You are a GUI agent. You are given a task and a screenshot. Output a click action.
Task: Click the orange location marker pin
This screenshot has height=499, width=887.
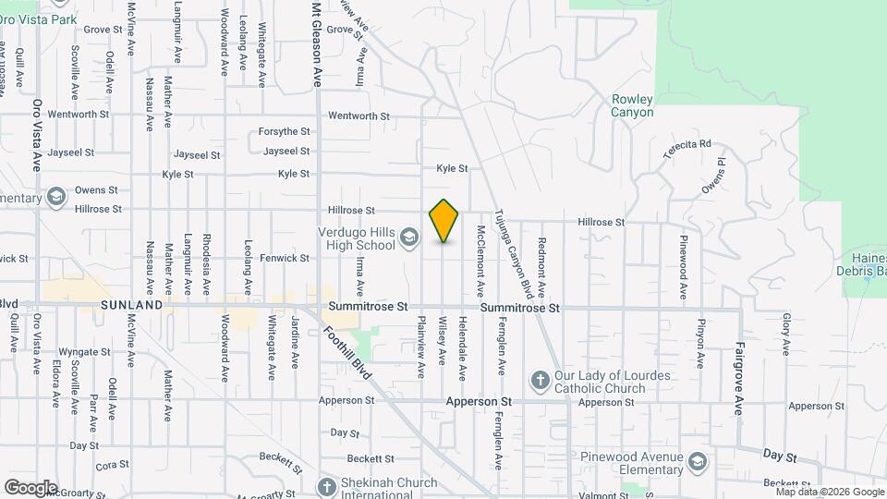click(443, 221)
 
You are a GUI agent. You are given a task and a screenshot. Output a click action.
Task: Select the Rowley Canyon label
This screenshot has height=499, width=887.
click(632, 106)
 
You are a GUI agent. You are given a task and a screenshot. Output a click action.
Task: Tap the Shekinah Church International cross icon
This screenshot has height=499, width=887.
click(326, 486)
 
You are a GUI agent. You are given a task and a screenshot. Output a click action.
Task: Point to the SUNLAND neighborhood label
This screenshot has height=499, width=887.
click(131, 304)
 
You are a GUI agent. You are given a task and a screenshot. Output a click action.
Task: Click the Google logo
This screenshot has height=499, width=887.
click(30, 487)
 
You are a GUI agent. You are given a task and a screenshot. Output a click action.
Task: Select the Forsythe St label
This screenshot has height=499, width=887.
click(284, 132)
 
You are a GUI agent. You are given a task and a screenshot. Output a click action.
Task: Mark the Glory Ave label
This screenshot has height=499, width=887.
click(787, 334)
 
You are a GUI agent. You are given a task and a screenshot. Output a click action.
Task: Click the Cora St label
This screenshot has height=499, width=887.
click(111, 465)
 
